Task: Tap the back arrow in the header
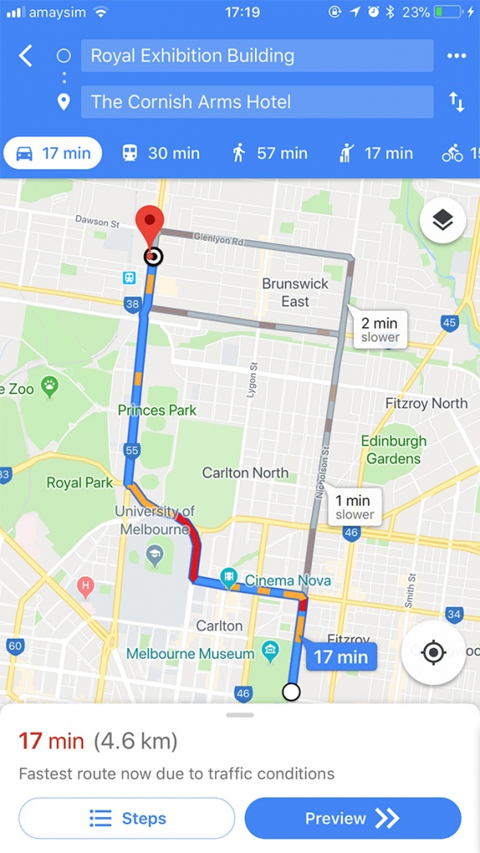click(26, 56)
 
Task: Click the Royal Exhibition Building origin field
click(257, 56)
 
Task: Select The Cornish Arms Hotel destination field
click(257, 102)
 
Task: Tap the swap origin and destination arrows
click(457, 102)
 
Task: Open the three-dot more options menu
click(457, 56)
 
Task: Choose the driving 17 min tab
click(53, 153)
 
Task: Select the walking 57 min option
click(269, 153)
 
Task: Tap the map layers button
click(442, 220)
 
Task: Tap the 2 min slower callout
click(380, 329)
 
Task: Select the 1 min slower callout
click(353, 506)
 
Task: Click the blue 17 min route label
click(341, 656)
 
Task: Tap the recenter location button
click(433, 652)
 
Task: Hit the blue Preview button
click(352, 818)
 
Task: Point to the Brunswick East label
click(295, 292)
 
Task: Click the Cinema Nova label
click(287, 581)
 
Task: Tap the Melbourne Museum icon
click(270, 650)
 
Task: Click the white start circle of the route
click(291, 691)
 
